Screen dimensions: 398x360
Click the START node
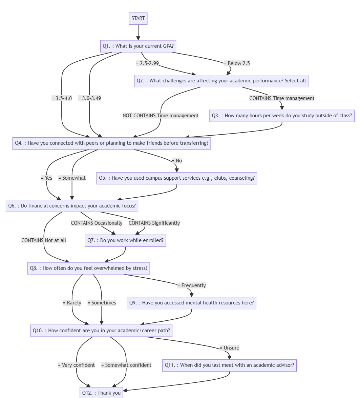(x=138, y=18)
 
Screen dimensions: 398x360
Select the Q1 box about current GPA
(x=138, y=46)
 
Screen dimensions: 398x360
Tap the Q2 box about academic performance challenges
(x=221, y=81)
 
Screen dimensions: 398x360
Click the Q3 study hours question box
(x=282, y=116)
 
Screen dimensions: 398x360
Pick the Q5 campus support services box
(x=176, y=178)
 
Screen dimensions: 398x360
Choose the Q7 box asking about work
(x=125, y=240)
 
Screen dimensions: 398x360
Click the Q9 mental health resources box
(x=191, y=303)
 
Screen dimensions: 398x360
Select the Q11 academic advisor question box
(x=229, y=365)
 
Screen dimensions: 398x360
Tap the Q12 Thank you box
(x=101, y=393)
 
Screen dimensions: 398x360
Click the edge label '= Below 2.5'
(x=237, y=63)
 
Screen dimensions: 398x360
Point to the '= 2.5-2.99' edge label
(x=147, y=63)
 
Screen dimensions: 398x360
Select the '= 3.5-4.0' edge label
(x=62, y=98)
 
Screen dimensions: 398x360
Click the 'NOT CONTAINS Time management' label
(x=161, y=116)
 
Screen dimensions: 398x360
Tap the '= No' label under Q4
(x=177, y=160)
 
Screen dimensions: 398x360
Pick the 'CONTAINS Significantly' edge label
(x=154, y=223)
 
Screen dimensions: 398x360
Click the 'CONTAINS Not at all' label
(x=44, y=240)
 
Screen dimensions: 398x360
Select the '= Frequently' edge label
(x=192, y=285)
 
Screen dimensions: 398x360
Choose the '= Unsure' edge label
(x=230, y=348)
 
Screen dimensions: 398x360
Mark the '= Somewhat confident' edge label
(x=126, y=365)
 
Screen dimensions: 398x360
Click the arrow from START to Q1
(x=138, y=32)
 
